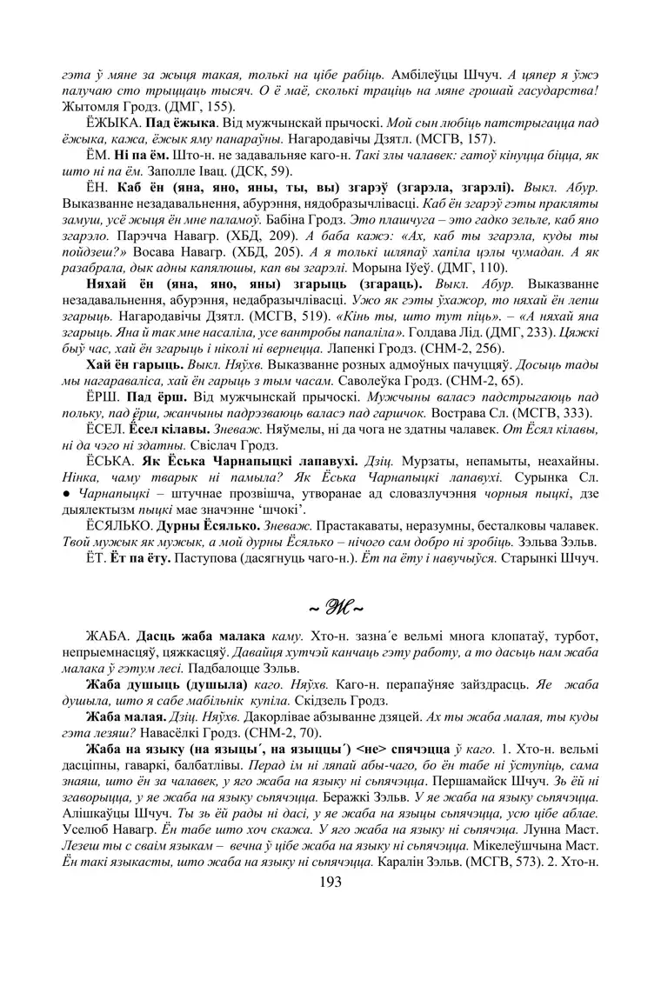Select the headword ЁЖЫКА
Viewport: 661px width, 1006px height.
(113, 123)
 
